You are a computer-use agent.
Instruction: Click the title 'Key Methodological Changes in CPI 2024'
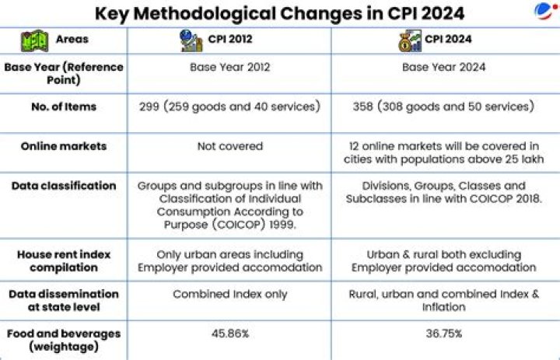click(x=279, y=13)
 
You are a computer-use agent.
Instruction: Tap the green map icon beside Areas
click(x=35, y=40)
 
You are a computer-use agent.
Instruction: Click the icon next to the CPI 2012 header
click(x=191, y=40)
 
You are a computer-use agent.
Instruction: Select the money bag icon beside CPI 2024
click(x=410, y=40)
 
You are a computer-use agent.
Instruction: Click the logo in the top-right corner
click(x=546, y=11)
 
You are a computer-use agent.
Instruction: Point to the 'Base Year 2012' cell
click(x=230, y=67)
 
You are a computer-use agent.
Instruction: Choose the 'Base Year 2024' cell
click(x=443, y=67)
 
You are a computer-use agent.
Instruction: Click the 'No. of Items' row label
click(x=64, y=107)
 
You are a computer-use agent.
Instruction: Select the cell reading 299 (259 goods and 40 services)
click(x=229, y=107)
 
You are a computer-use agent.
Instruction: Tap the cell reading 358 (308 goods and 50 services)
click(x=443, y=107)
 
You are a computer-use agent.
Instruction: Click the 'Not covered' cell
click(x=230, y=146)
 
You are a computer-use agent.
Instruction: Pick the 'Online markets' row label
click(x=64, y=146)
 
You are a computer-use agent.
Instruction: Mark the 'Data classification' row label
click(x=64, y=186)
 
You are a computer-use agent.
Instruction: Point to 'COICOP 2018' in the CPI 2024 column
click(x=506, y=199)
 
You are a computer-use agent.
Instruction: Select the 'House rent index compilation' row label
click(x=64, y=261)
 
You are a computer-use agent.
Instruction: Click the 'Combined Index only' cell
click(x=230, y=294)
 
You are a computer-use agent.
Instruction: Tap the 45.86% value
click(x=230, y=334)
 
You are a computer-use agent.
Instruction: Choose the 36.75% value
click(x=444, y=334)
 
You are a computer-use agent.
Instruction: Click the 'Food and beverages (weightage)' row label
click(x=64, y=340)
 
